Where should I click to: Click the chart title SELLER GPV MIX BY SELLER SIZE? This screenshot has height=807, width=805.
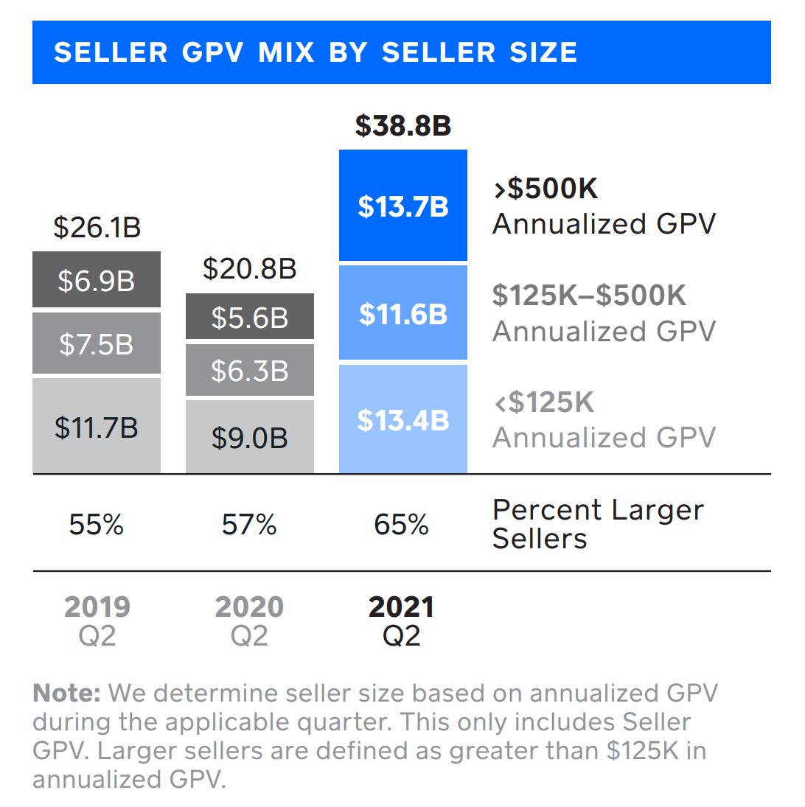(x=316, y=53)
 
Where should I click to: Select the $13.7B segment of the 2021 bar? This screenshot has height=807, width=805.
(x=403, y=206)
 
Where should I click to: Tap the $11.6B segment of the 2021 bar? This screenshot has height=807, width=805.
(x=403, y=314)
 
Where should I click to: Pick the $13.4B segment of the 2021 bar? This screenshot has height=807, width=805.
(x=403, y=419)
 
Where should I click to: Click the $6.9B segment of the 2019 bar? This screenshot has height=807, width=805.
(x=97, y=280)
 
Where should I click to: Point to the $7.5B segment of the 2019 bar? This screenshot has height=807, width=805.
(x=97, y=343)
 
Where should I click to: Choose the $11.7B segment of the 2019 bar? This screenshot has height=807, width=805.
(x=97, y=427)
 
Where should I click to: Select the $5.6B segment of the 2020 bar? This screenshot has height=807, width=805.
(x=249, y=317)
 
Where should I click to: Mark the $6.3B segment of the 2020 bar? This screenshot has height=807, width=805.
(x=249, y=371)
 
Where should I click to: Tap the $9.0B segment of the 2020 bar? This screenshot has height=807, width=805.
(x=249, y=438)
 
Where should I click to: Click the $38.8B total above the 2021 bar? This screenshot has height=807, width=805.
(x=402, y=126)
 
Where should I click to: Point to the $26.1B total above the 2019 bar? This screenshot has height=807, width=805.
(x=97, y=228)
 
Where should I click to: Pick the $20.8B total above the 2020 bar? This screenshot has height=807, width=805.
(x=249, y=269)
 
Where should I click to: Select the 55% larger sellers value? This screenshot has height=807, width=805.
(x=97, y=525)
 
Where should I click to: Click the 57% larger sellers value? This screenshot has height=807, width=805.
(x=249, y=525)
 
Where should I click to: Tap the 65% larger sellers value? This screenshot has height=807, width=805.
(x=402, y=525)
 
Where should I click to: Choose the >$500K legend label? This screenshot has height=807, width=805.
(x=546, y=189)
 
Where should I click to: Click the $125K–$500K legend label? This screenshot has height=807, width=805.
(x=589, y=296)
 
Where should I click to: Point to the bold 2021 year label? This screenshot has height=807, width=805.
(x=402, y=607)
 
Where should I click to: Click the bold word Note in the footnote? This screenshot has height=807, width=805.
(x=67, y=693)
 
